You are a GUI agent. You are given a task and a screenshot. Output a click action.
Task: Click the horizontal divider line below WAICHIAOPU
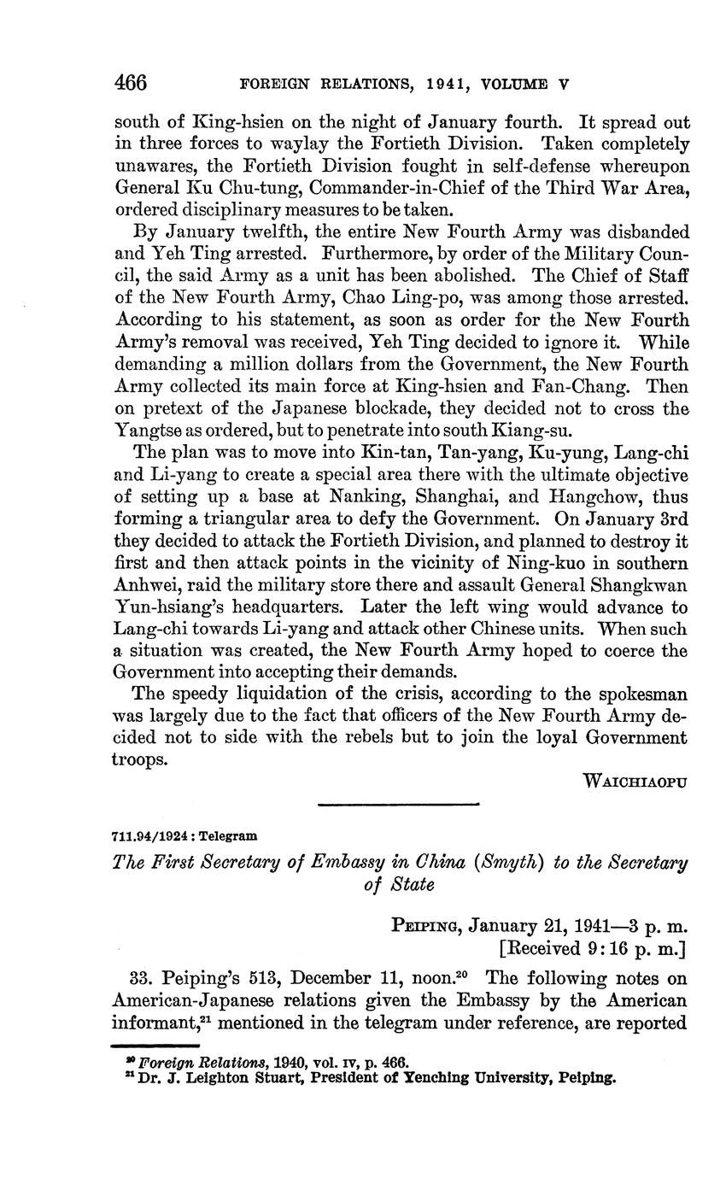(x=398, y=804)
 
